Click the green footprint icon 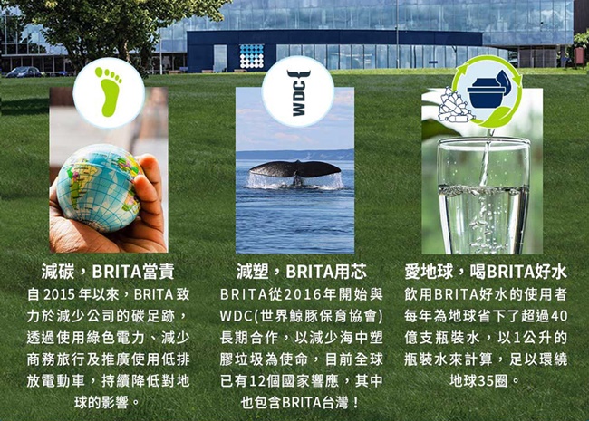(x=109, y=91)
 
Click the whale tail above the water (x=294, y=169)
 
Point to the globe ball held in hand (x=99, y=187)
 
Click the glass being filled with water (x=484, y=196)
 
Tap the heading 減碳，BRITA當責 (x=108, y=272)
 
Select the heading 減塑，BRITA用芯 (x=302, y=272)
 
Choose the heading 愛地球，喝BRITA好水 (x=486, y=272)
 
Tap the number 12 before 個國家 (x=257, y=381)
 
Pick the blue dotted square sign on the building (x=251, y=57)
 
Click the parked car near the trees (x=24, y=72)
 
